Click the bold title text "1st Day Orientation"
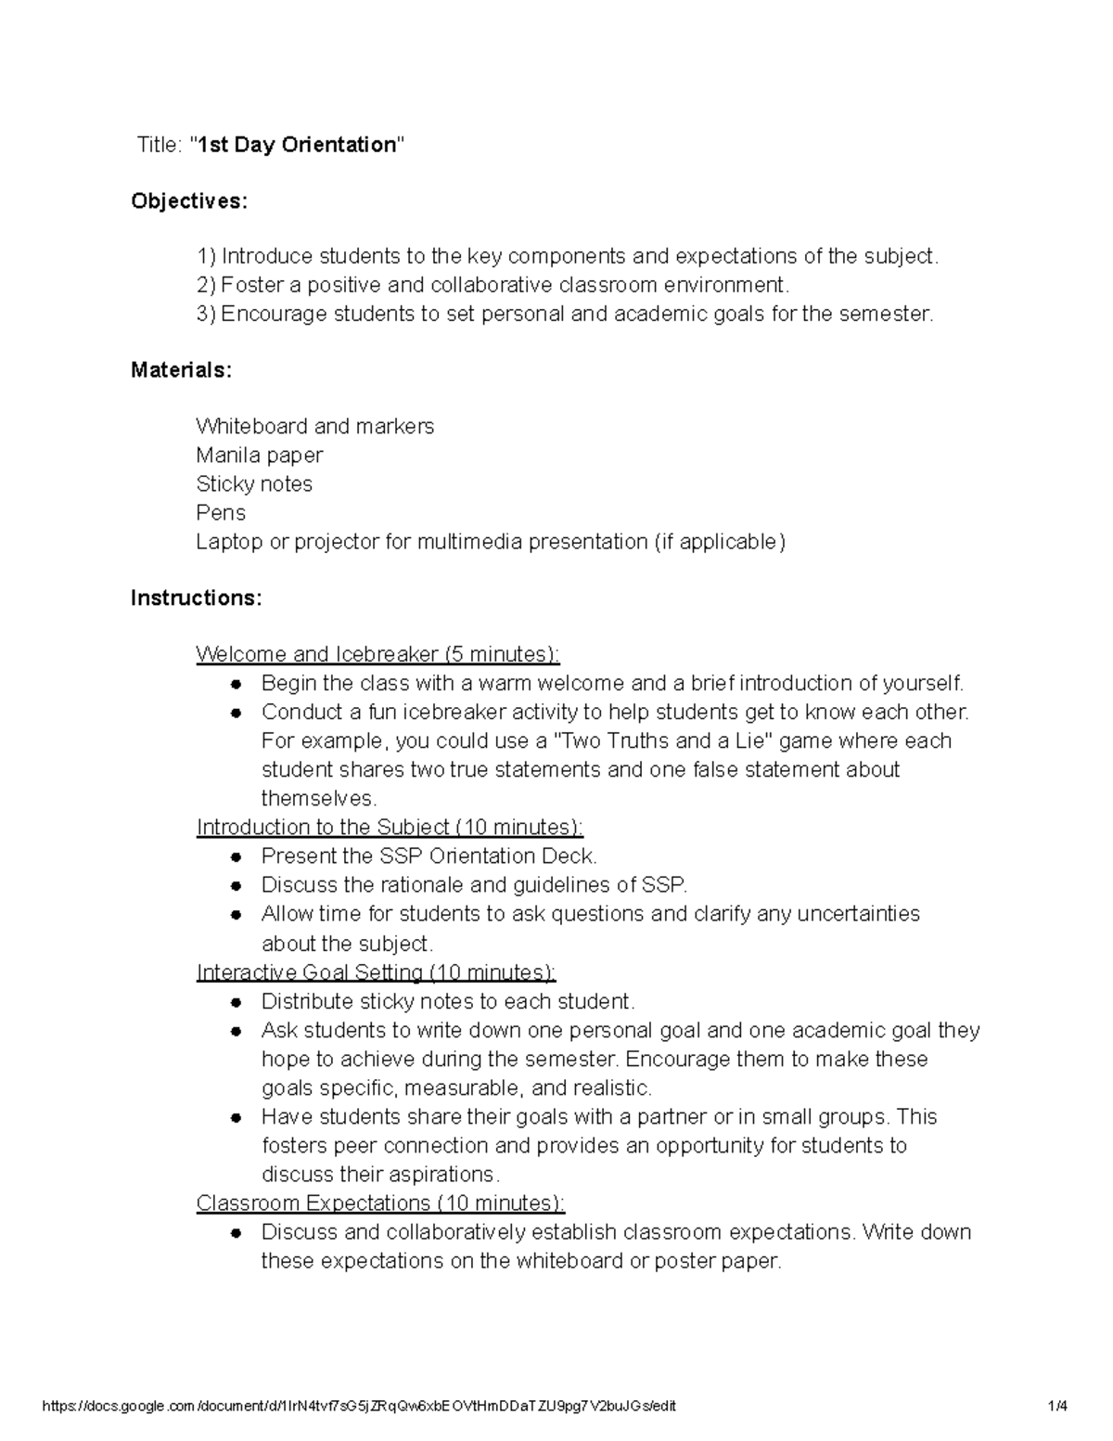pos(296,145)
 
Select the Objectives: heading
pos(189,201)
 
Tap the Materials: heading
pos(181,370)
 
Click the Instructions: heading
pos(196,598)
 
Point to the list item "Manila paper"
pos(260,456)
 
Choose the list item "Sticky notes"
pos(254,484)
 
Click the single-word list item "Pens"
pos(221,513)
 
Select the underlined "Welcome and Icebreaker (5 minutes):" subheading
pos(377,655)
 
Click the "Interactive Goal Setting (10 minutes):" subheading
pos(376,972)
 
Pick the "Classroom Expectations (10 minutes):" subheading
pos(380,1203)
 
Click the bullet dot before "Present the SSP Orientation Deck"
pos(237,857)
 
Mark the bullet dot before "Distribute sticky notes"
pos(237,1002)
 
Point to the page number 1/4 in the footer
pos(1057,1406)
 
